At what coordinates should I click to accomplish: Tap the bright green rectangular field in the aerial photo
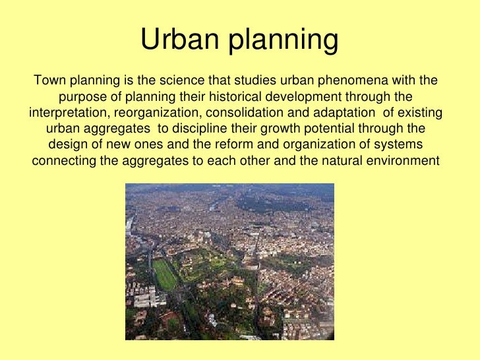coord(165,274)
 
